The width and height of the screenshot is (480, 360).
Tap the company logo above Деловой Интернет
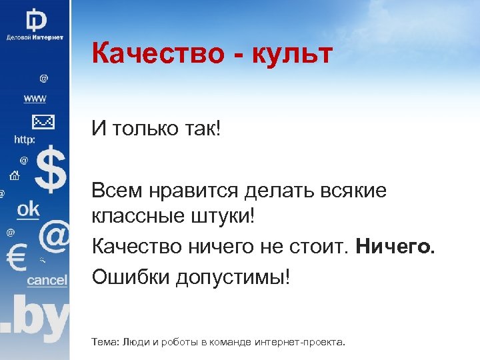[x=36, y=19]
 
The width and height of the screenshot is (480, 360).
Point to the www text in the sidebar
[x=35, y=99]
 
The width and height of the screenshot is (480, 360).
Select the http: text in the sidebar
[x=25, y=140]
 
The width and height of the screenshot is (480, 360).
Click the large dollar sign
[x=51, y=171]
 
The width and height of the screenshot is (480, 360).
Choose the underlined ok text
[x=28, y=209]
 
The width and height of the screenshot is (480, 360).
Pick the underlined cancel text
[x=47, y=280]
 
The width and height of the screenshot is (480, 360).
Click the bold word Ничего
[x=395, y=247]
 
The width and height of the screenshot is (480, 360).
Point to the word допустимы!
[x=233, y=276]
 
